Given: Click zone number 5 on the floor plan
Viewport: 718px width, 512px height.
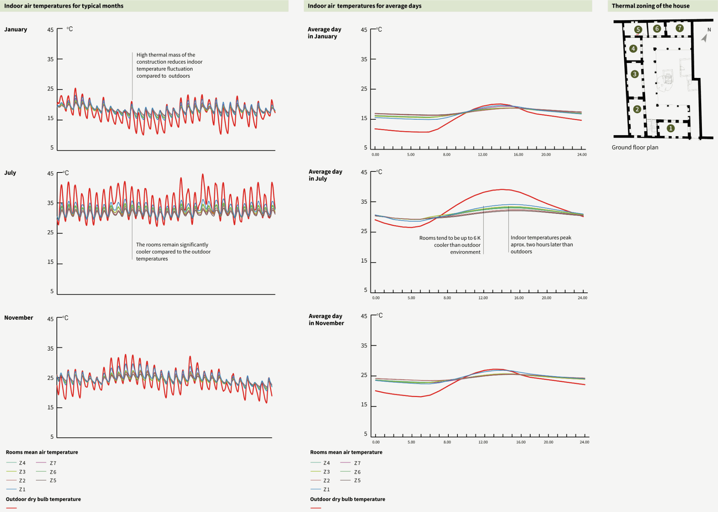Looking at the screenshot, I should (638, 29).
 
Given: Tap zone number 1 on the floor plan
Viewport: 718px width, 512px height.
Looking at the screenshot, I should (670, 128).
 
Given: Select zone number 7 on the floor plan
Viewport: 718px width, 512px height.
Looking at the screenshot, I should (679, 28).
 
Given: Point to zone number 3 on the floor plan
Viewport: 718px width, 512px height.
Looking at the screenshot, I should (634, 74).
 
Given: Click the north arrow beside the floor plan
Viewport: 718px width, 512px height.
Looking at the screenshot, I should (705, 37).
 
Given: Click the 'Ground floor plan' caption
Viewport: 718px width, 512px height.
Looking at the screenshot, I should (635, 147).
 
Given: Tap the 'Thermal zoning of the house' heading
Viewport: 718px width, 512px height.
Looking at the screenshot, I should (650, 6).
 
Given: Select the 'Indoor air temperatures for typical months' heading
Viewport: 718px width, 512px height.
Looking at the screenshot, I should (64, 6).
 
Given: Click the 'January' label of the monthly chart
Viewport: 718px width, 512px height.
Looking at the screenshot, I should (15, 29).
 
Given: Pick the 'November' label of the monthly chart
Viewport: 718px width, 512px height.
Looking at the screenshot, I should (19, 318).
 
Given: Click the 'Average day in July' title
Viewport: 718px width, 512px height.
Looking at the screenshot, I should (325, 175).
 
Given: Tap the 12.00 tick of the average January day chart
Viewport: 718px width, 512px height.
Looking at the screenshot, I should (482, 154).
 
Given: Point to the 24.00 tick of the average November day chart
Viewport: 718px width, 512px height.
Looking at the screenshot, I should (584, 442).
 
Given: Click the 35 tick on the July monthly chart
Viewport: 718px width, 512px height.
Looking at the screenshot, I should (51, 203).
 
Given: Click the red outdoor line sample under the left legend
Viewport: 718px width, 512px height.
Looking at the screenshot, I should (11, 508).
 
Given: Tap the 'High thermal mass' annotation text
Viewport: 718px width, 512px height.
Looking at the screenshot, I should (169, 65).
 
